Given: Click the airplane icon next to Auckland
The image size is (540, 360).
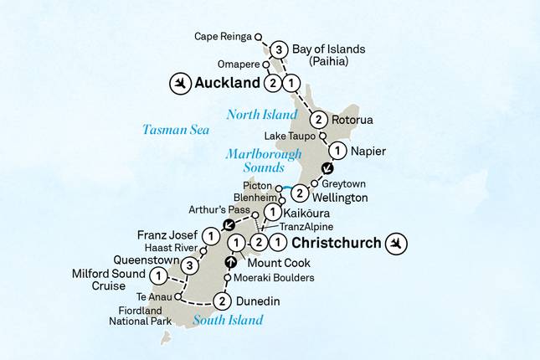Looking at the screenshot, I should tap(179, 84).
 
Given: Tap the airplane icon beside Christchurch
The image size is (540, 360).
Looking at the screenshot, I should tap(399, 244).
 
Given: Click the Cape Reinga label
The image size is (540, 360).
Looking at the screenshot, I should tap(223, 37).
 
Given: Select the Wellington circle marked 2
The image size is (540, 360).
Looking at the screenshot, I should tap(299, 193).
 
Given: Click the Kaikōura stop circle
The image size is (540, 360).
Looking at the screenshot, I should tap(270, 213).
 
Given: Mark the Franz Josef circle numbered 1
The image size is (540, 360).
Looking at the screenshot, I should tap(212, 237).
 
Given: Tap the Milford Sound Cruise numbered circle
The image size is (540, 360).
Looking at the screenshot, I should tap(157, 275).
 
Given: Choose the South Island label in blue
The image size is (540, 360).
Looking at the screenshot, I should tap(228, 320).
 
